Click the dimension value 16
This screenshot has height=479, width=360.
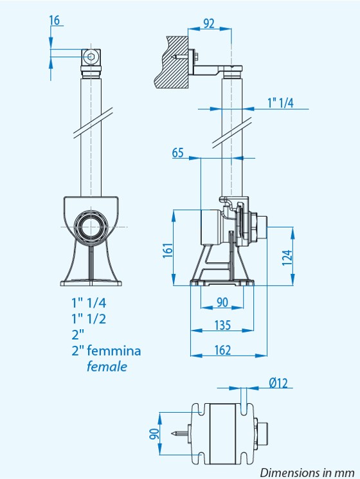tap(55, 21)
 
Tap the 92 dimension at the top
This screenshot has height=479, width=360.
tap(209, 24)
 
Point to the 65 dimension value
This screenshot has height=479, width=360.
tap(177, 152)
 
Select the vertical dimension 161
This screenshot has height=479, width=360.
tap(168, 250)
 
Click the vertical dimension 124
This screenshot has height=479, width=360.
tap(287, 257)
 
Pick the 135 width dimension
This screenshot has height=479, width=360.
tap(222, 325)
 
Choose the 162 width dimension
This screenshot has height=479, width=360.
tap(222, 350)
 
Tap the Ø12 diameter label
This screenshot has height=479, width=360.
tap(278, 383)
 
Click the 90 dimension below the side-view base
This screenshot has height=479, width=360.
tap(222, 302)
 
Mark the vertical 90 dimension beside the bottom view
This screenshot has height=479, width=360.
tap(154, 434)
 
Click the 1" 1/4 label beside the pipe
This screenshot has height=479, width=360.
tap(281, 103)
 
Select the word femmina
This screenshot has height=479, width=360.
tap(114, 350)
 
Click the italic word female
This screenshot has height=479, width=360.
tap(107, 366)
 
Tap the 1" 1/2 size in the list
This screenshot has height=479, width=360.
tap(89, 319)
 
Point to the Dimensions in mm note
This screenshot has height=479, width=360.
tap(307, 473)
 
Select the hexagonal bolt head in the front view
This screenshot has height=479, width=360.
tap(91, 57)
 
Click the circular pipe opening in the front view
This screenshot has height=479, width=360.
tap(91, 227)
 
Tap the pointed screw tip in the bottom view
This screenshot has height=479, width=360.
tap(174, 433)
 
